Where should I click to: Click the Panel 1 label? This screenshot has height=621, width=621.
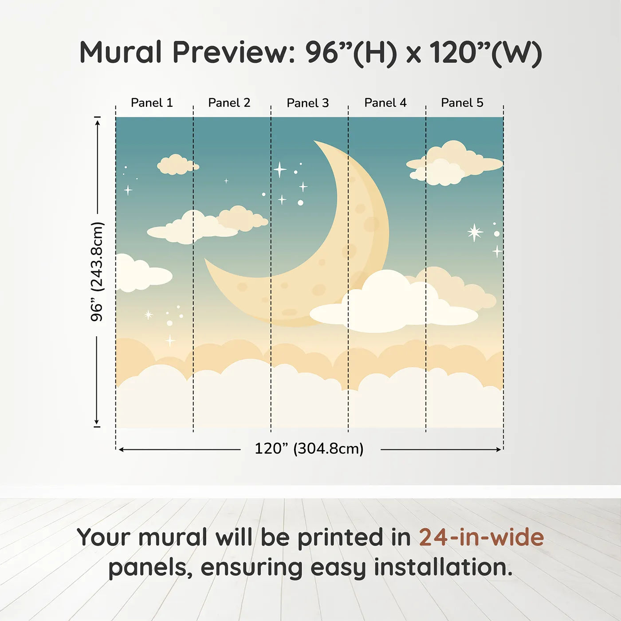[x=152, y=103]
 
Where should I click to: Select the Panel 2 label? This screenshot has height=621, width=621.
[x=229, y=103]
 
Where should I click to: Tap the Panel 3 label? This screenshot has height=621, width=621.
[x=308, y=103]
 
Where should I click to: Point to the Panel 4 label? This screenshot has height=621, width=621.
[x=385, y=103]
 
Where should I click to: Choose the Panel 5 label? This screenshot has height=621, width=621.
[x=462, y=103]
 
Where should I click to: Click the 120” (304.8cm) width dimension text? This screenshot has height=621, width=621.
[x=309, y=448]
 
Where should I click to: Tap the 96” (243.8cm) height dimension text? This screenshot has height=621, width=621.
[x=97, y=271]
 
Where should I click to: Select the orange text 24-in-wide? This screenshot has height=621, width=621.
[x=481, y=537]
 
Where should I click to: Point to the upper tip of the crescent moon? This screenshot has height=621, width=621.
[x=314, y=141]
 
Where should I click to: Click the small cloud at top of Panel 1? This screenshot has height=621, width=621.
[x=177, y=165]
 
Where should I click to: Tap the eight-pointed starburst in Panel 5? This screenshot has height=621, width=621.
[x=475, y=232]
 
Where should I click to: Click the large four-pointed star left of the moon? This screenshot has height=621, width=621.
[x=280, y=169]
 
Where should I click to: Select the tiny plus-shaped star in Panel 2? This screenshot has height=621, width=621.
[x=226, y=181]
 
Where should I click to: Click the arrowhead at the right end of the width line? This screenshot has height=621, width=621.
[x=499, y=449]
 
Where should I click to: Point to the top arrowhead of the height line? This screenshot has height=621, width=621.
[x=98, y=122]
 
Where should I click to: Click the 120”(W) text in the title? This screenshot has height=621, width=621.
[x=486, y=53]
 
